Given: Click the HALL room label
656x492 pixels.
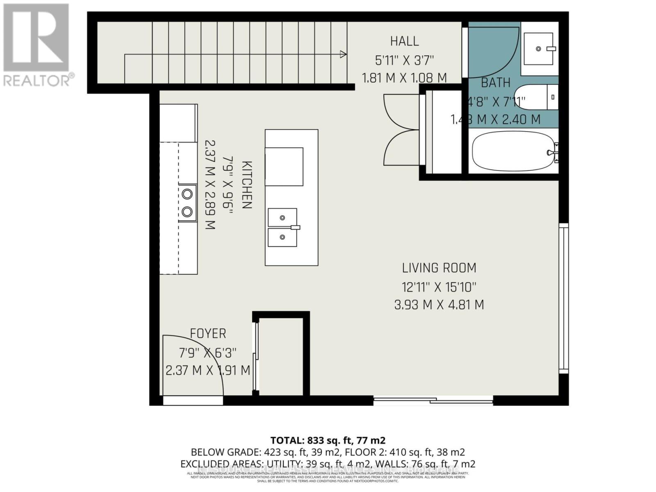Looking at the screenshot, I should coord(404,41).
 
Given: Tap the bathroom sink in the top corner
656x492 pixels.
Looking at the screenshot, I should coord(539,49).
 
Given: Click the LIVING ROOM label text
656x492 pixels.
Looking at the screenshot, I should coord(439,268).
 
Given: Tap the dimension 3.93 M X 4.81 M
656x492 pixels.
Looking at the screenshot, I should coord(439,305).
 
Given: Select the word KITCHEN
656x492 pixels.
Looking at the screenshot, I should coord(246,185).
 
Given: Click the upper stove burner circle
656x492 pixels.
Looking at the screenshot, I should coord(187,194).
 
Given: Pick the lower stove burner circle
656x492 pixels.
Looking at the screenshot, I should coord(187,212).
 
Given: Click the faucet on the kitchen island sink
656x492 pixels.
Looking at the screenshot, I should coord(296,227).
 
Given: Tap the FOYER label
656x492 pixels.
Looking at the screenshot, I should coord(208,333).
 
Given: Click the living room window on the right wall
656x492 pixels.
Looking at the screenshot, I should coord(564,298).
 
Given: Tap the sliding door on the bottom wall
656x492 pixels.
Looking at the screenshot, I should coord(433,400).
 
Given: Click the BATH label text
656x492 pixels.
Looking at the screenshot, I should coord(495,83).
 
